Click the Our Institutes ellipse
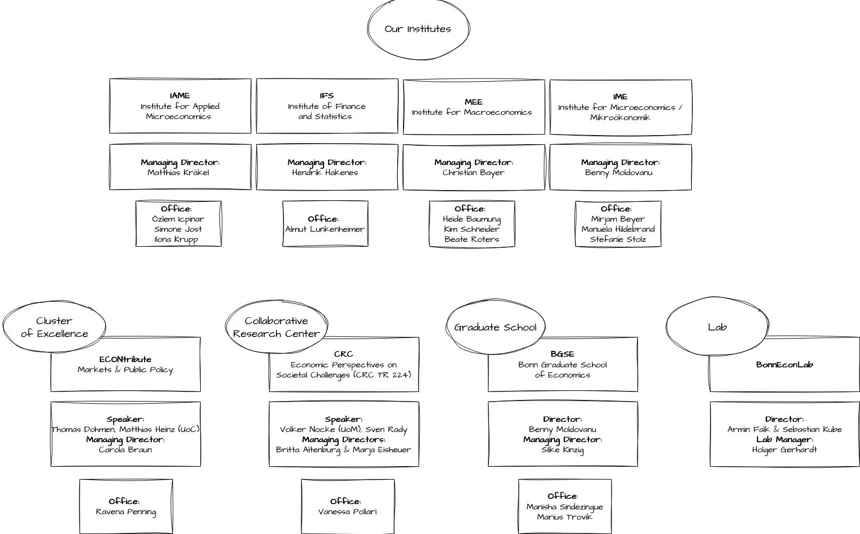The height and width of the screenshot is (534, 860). [x=418, y=29]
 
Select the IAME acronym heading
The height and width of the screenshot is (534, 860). [x=180, y=96]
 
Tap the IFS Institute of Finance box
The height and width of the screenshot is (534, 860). [x=327, y=106]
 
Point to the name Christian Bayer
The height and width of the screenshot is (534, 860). [x=473, y=173]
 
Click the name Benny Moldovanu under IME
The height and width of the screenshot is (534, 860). [x=618, y=173]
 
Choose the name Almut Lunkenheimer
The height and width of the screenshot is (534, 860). [x=325, y=230]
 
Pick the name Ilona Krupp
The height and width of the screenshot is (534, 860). [x=176, y=240]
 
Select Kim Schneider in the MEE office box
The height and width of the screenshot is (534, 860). [x=471, y=230]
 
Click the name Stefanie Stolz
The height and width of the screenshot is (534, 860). [x=618, y=240]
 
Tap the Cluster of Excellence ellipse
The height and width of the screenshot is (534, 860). [x=54, y=327]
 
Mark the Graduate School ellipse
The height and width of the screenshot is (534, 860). [x=495, y=327]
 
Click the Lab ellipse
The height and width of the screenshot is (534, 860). [x=717, y=327]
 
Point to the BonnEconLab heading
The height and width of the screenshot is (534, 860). [x=784, y=365]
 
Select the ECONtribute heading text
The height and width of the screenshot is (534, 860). [x=125, y=360]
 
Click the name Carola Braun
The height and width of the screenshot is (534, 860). [x=125, y=450]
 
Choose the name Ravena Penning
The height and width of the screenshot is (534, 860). [x=126, y=512]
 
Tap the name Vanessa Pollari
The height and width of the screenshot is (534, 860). [x=347, y=512]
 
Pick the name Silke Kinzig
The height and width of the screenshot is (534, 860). [x=562, y=450]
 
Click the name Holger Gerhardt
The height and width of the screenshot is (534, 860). [x=784, y=450]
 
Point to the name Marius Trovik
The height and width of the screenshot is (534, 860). [x=564, y=517]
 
